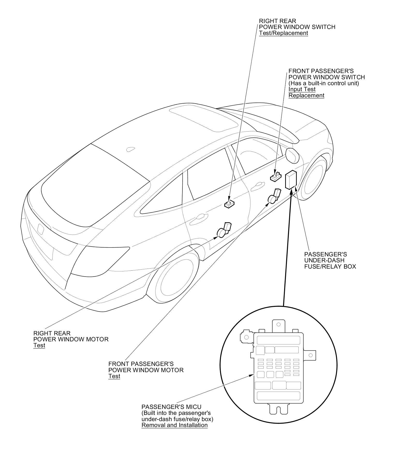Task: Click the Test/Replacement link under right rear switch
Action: click(x=283, y=33)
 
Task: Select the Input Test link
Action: click(x=302, y=89)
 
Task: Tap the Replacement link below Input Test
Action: click(x=306, y=96)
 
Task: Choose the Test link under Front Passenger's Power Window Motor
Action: click(x=114, y=376)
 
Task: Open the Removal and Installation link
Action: click(x=174, y=425)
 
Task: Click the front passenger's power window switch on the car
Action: click(x=276, y=176)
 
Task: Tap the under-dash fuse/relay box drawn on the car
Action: click(x=291, y=179)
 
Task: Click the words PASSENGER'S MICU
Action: click(x=171, y=407)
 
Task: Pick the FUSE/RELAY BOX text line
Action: click(x=330, y=266)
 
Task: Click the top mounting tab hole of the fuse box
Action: click(x=278, y=324)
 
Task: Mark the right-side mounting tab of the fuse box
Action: click(x=310, y=355)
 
